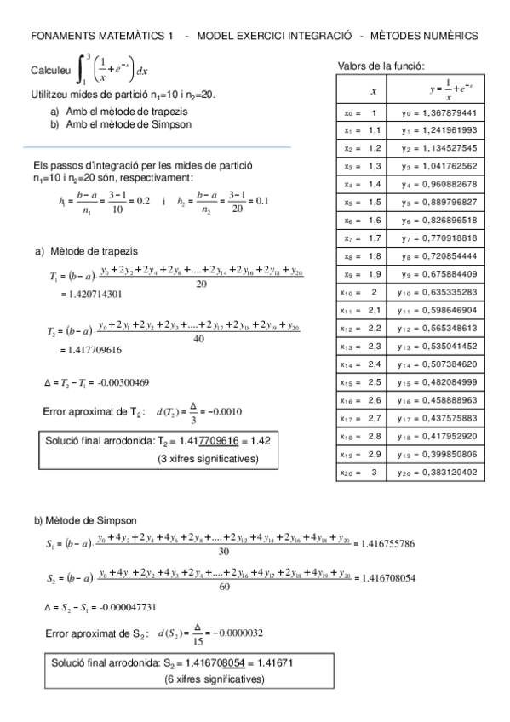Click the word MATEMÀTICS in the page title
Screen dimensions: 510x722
click(x=126, y=36)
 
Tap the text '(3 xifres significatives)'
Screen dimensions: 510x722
click(x=209, y=459)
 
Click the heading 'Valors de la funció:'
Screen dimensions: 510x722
click(x=381, y=66)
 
